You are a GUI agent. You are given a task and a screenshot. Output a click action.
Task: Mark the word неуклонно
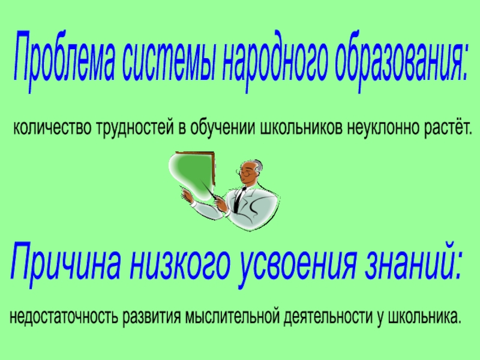(381, 128)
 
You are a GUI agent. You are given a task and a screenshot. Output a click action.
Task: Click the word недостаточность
(64, 316)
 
